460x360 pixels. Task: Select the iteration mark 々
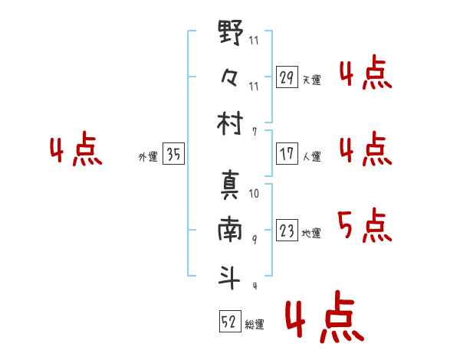[231, 78]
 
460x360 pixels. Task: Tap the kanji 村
[231, 123]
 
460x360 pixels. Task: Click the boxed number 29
[287, 77]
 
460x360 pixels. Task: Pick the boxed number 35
[173, 155]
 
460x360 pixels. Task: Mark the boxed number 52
[228, 322]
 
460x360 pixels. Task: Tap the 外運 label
[148, 157]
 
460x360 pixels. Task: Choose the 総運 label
[255, 325]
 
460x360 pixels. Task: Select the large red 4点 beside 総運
[324, 319]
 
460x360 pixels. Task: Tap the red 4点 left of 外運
[75, 152]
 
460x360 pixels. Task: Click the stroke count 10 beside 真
[254, 195]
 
